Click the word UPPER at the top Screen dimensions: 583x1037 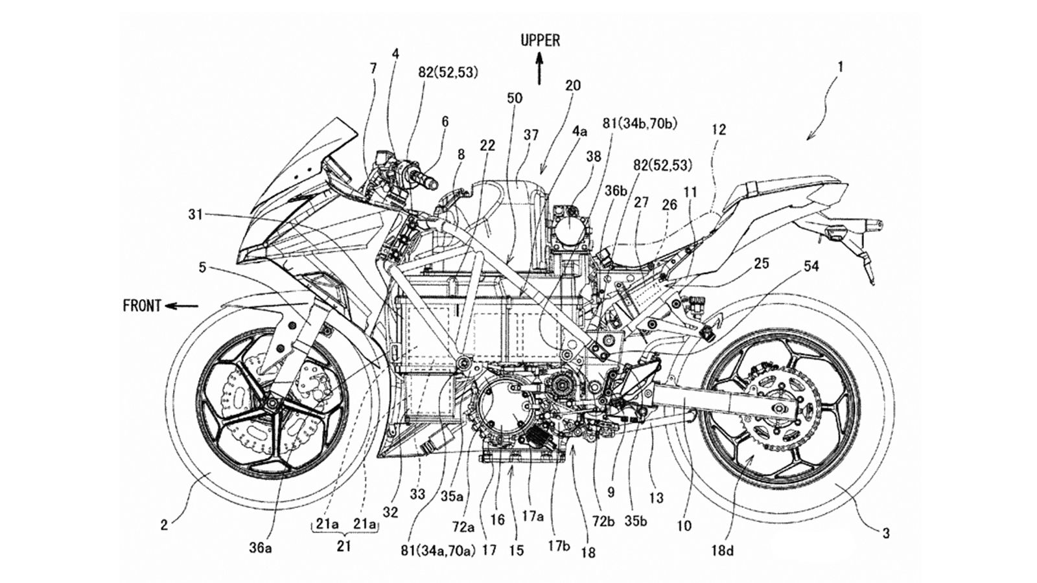pyautogui.click(x=540, y=41)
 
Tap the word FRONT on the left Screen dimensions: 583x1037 pyautogui.click(x=142, y=305)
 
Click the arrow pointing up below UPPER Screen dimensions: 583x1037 pyautogui.click(x=539, y=70)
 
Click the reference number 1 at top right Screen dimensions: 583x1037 pyautogui.click(x=840, y=66)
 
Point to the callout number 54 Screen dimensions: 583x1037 pyautogui.click(x=811, y=266)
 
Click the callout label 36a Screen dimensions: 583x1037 pyautogui.click(x=260, y=548)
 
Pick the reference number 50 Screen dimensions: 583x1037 pyautogui.click(x=515, y=98)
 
